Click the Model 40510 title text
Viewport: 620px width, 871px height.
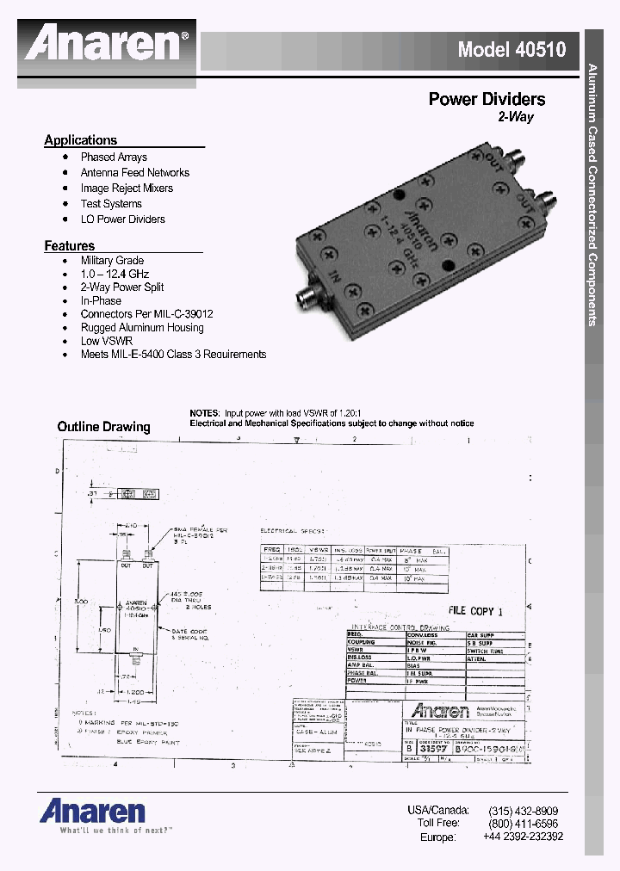tap(511, 49)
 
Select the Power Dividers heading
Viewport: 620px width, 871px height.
tap(487, 99)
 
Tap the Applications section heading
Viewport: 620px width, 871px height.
tap(80, 140)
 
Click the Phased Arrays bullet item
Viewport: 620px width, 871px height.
tap(114, 158)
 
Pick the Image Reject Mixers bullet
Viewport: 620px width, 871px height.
tap(127, 188)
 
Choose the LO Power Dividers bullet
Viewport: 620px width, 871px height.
tap(122, 219)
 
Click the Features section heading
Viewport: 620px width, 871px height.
tap(69, 246)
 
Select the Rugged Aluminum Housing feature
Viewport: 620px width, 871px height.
tap(142, 328)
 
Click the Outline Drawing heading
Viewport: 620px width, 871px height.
tap(103, 427)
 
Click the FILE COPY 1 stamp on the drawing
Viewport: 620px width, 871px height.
tap(474, 610)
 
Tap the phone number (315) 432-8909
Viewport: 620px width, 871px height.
tap(523, 811)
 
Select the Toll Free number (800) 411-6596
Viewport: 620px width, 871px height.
tap(523, 824)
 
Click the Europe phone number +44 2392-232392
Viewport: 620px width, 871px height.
tap(523, 837)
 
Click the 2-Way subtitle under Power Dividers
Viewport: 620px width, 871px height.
tap(516, 117)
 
